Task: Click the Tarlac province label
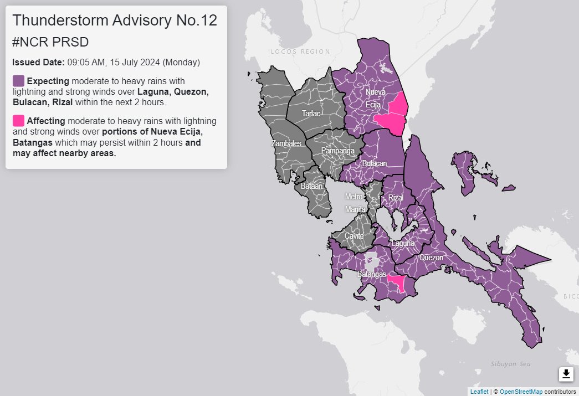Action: coord(310,114)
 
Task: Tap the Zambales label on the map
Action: coord(286,143)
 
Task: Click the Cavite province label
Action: coord(354,236)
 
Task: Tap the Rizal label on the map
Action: coord(396,198)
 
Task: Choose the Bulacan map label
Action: coord(374,164)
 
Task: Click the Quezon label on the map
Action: coord(431,258)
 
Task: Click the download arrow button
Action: coord(566,374)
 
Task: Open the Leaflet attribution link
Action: coord(479,392)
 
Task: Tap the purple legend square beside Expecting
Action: coord(18,81)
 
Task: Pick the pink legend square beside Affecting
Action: coord(18,120)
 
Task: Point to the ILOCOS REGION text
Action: coord(299,52)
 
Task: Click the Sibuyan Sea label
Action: coord(510,364)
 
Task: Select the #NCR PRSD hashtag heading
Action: coord(50,43)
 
